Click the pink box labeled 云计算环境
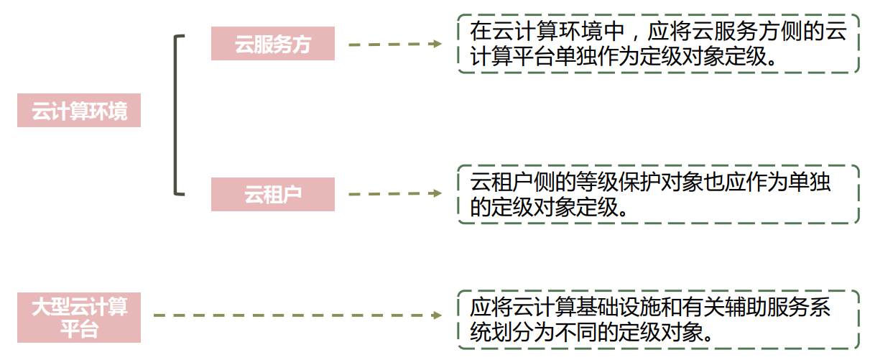79,111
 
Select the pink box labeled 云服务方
273,44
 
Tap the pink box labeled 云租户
273,194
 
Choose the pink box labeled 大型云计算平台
79,318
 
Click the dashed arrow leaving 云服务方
392,44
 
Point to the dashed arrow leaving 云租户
392,193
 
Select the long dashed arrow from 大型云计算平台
295,315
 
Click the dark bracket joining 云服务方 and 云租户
176,115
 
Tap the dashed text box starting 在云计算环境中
657,44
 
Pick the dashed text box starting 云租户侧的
657,194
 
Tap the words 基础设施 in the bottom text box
626,308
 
